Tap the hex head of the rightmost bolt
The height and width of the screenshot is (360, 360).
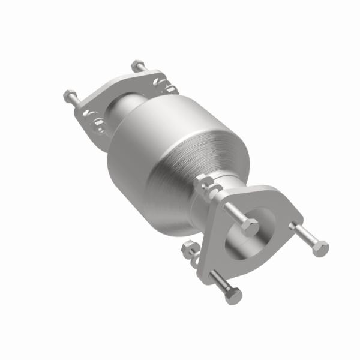coord(321,248)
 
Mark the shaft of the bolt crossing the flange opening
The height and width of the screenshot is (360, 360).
coord(235,213)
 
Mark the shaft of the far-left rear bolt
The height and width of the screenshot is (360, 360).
coord(77,101)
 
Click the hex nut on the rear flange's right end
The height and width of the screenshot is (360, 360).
coord(170,87)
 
